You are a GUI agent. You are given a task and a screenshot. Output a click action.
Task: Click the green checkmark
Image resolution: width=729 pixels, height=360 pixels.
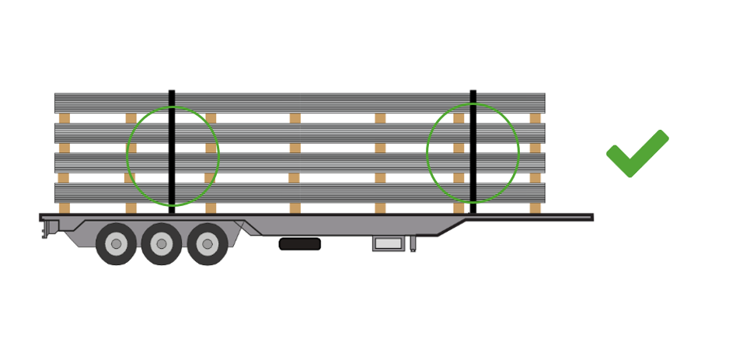(636, 154)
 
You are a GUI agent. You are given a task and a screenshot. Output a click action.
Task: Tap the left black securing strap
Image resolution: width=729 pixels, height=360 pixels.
(172, 148)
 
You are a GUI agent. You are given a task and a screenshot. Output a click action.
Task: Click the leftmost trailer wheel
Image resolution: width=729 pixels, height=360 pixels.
(116, 243)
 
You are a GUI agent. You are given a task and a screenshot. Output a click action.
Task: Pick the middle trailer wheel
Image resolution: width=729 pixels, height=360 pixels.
(162, 243)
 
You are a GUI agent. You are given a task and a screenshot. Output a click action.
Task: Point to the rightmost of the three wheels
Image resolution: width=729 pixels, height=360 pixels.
(207, 243)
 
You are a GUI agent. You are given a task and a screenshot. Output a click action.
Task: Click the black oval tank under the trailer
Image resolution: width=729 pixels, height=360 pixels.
(299, 244)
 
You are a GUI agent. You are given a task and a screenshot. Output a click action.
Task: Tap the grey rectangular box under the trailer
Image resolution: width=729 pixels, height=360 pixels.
(385, 244)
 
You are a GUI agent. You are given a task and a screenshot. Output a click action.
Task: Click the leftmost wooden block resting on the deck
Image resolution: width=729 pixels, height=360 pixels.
(65, 208)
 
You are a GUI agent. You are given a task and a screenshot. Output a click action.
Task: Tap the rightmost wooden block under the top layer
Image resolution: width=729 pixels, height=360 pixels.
(535, 118)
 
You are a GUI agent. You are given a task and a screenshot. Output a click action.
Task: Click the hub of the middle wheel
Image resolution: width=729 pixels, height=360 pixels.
(162, 244)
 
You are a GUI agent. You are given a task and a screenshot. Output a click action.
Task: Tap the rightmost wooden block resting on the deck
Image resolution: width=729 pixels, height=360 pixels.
(535, 208)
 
